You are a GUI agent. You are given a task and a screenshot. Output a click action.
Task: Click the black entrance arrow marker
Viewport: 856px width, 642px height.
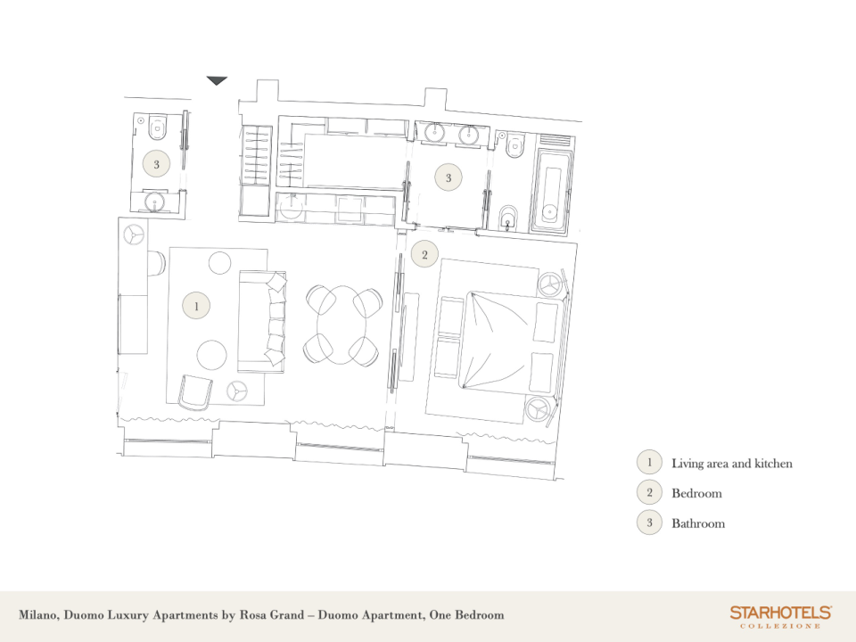coord(217,81)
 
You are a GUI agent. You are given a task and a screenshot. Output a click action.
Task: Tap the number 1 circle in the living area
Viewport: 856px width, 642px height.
coord(196,306)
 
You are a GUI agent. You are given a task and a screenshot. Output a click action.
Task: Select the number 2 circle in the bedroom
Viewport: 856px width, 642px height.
coord(424,254)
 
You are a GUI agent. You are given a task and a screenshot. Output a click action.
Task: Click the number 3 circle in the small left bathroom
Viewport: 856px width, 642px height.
coord(157,164)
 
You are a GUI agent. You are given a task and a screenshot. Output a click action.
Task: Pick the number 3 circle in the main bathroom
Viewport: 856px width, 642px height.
coord(449,177)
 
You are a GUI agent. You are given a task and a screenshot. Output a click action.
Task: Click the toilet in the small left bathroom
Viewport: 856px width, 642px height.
coord(157,128)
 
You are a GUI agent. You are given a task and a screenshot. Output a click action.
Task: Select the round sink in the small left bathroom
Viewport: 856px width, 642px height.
coord(155,202)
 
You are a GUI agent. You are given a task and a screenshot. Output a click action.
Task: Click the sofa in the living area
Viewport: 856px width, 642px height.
coord(262,322)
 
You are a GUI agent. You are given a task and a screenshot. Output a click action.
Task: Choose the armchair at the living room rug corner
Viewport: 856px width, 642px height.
coord(195,392)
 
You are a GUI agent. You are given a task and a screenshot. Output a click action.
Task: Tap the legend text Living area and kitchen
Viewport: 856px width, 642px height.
coord(731,464)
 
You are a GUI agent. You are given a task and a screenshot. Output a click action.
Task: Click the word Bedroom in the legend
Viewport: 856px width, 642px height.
coord(696,493)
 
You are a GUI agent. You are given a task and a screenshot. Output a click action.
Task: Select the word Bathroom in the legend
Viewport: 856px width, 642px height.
coord(698,523)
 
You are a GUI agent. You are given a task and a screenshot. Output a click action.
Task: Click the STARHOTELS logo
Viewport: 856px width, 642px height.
coord(781,616)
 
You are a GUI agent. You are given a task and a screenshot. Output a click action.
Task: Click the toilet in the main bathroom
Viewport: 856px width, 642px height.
coord(514,145)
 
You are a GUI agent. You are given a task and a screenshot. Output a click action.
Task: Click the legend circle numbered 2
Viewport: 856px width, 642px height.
coord(649,493)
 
